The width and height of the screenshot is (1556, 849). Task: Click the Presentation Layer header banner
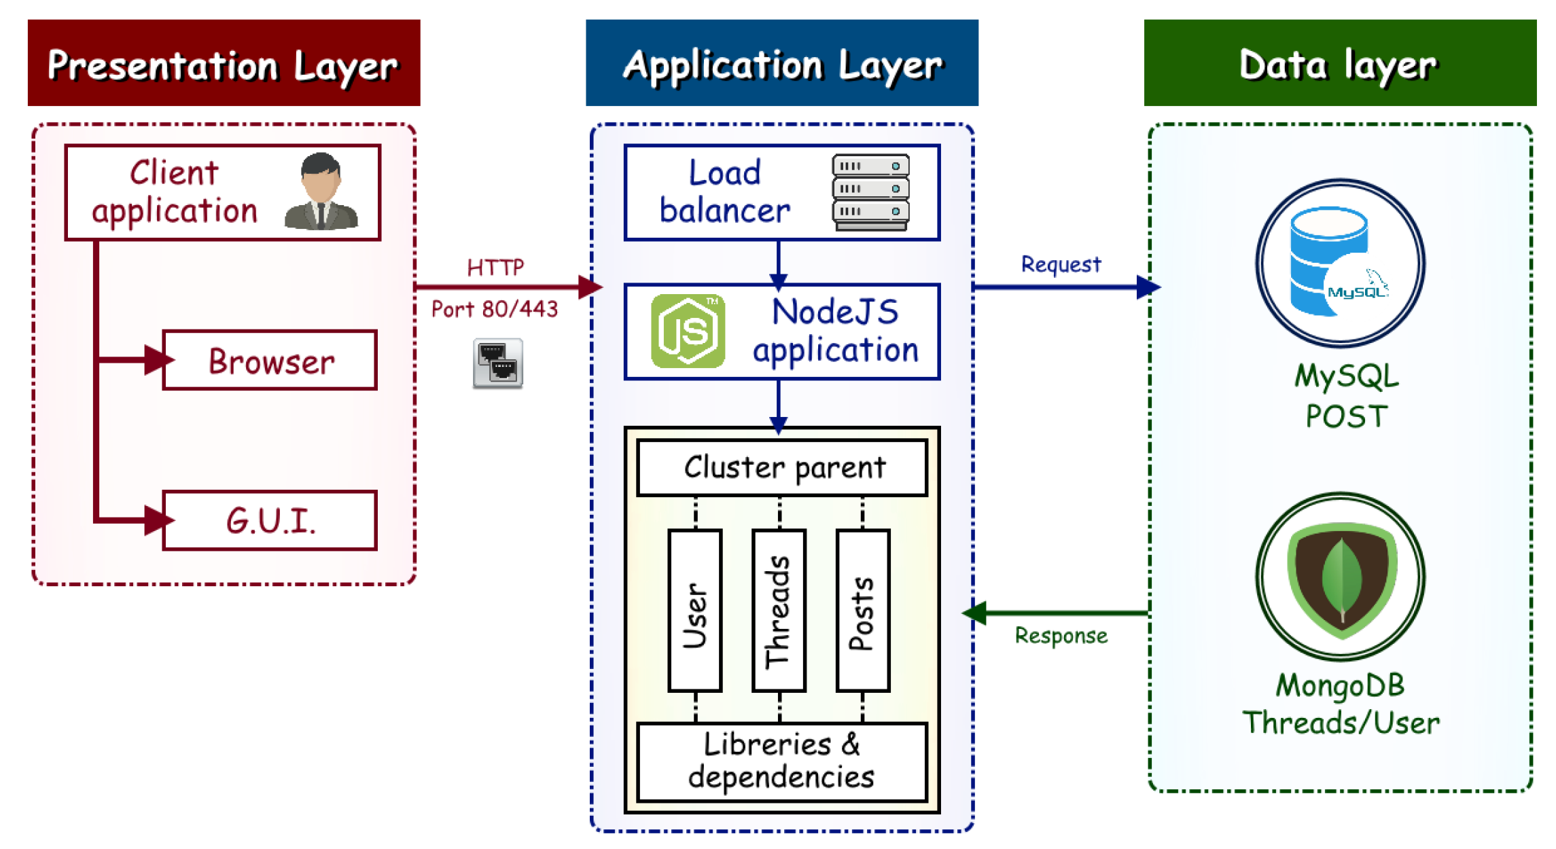(224, 63)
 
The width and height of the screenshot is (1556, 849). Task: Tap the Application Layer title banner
(781, 63)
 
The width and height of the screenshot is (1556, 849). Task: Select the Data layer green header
(1339, 63)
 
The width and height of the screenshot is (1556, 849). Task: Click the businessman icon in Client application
(321, 192)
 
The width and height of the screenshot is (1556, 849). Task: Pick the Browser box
(270, 361)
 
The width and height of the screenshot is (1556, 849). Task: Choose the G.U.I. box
(270, 520)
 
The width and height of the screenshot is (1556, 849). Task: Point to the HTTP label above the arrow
(495, 268)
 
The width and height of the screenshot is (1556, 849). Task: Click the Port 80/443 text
(494, 310)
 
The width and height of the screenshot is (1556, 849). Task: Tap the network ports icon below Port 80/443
(497, 363)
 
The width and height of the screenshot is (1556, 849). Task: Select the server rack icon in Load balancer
(870, 192)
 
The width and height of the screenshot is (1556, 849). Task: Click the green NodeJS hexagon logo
(688, 331)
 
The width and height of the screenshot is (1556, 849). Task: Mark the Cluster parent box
(782, 467)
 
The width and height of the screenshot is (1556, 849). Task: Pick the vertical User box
(695, 611)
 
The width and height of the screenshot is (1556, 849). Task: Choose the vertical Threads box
(779, 611)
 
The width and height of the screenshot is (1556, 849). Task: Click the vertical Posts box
(863, 611)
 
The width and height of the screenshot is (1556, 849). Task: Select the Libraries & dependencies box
(782, 761)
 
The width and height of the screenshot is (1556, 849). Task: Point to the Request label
(1060, 264)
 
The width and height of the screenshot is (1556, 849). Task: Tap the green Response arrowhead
(975, 613)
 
